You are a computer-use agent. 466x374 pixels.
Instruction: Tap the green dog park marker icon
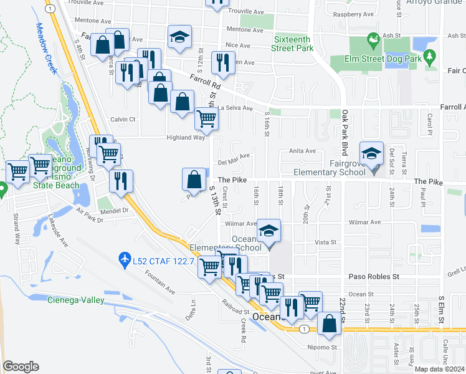tap(374, 41)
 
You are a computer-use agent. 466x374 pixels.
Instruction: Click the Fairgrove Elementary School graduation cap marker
tap(371, 154)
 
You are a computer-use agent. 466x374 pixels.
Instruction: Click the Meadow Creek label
tap(45, 49)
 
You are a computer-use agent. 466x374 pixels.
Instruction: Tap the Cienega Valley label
tap(76, 300)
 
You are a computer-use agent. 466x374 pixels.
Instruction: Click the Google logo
tap(21, 367)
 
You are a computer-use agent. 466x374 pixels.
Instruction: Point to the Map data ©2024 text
tap(440, 369)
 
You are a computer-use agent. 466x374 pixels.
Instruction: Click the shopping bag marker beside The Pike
tap(194, 180)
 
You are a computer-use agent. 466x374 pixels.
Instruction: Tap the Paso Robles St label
tap(373, 276)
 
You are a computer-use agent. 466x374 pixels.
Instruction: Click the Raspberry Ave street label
tap(353, 14)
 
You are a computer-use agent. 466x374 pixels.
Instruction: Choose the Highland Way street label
tap(185, 138)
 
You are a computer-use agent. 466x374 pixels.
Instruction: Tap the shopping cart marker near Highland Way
tap(206, 118)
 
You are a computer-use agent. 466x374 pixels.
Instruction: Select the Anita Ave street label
tap(302, 151)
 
